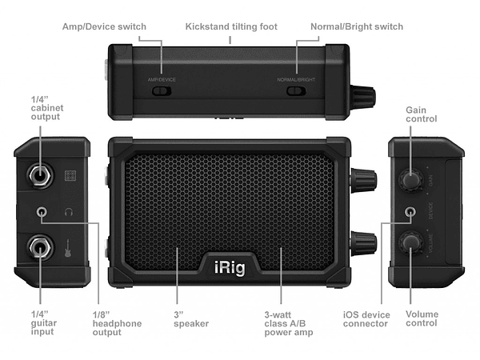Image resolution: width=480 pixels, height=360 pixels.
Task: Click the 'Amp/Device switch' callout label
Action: coord(104,26)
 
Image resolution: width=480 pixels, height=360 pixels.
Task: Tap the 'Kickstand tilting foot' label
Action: coord(231,26)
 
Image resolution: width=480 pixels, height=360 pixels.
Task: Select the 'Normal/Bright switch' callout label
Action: coord(357,26)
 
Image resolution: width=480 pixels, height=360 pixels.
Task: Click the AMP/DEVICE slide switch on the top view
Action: coord(162,90)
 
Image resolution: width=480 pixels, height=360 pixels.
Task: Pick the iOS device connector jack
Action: coord(411,213)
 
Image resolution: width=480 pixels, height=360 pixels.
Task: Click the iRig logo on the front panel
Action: coord(232,266)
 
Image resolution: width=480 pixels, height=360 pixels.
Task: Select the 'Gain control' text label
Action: coord(422,114)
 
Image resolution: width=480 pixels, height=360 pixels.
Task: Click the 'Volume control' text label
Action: coord(422,318)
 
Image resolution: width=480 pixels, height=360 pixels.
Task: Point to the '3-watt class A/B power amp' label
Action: coord(288,323)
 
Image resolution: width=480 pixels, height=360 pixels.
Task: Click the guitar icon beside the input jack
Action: coord(70,250)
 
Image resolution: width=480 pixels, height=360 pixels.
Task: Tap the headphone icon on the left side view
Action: coord(70,213)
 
